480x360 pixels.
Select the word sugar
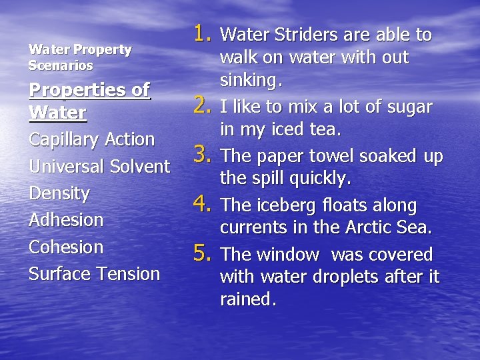(x=407, y=107)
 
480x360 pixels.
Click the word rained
(x=247, y=299)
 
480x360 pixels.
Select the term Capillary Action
(x=92, y=139)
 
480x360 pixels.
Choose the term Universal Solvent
(x=99, y=166)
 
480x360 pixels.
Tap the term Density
(x=59, y=193)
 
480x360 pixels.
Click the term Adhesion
(x=66, y=220)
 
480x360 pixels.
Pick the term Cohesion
(x=66, y=247)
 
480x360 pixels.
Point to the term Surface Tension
(x=94, y=273)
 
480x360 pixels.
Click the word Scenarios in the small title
(x=61, y=66)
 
